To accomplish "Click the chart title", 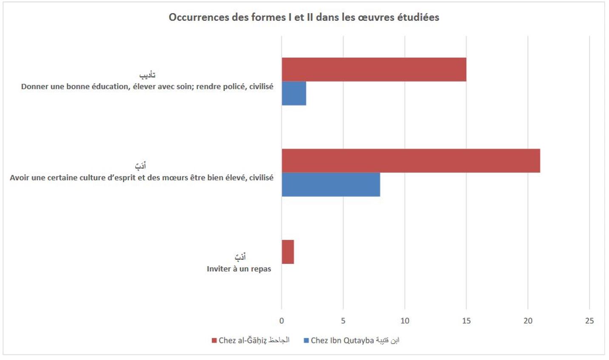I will tap(304, 17).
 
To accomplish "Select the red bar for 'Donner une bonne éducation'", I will tap(373, 69).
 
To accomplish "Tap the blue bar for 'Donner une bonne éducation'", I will tap(293, 93).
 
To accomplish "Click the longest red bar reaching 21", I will tap(410, 161).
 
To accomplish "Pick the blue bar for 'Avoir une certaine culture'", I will tap(330, 184).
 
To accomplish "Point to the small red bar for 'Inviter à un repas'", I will tap(287, 252).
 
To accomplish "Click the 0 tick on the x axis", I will tap(282, 321).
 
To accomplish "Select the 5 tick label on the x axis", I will tap(343, 321).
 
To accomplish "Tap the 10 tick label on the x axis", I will tap(404, 321).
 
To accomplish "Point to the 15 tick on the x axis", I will tap(466, 321).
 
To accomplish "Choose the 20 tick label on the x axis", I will tap(528, 321).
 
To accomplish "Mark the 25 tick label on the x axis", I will tap(589, 321).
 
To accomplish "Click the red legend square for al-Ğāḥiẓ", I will tap(214, 340).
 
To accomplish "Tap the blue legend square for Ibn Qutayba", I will tap(306, 340).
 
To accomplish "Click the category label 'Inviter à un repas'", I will tap(239, 269).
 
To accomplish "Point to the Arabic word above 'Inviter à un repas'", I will tap(240, 257).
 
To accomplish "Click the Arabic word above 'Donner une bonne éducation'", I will tap(147, 75).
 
